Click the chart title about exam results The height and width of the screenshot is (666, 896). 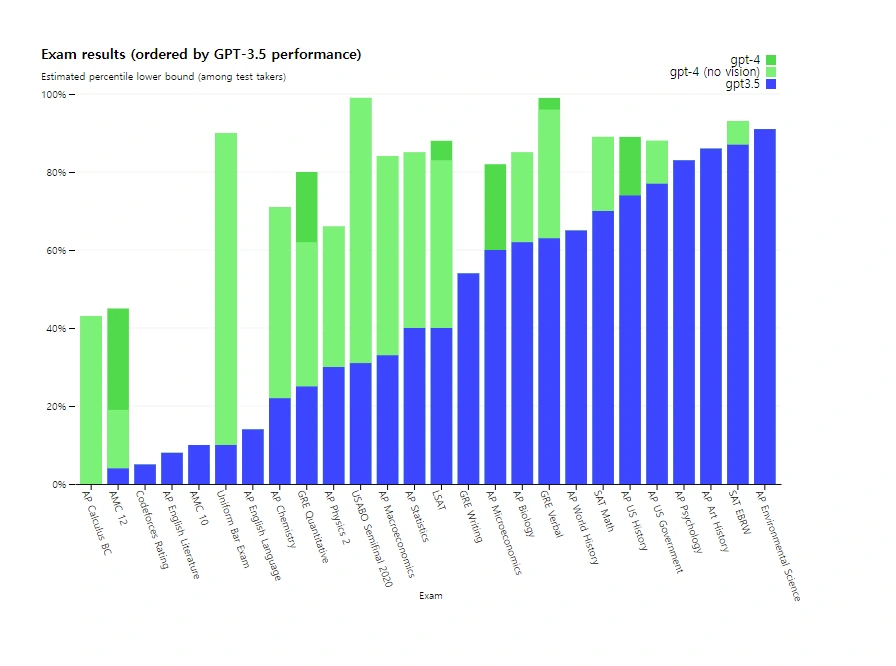pyautogui.click(x=201, y=54)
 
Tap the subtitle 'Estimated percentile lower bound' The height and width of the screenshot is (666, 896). pyautogui.click(x=163, y=77)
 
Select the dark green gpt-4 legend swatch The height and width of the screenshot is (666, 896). pyautogui.click(x=770, y=60)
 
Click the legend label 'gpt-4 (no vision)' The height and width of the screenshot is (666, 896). pyautogui.click(x=714, y=72)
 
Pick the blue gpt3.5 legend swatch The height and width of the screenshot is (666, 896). pyautogui.click(x=770, y=84)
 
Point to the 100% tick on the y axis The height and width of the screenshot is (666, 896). pyautogui.click(x=53, y=94)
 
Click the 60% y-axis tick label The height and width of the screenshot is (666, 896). pyautogui.click(x=55, y=250)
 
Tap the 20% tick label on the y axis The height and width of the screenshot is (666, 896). pyautogui.click(x=55, y=407)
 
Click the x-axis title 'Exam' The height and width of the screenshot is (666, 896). pyautogui.click(x=430, y=596)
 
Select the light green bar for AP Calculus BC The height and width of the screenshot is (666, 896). pyautogui.click(x=91, y=400)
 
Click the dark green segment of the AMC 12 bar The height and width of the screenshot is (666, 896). pyautogui.click(x=118, y=359)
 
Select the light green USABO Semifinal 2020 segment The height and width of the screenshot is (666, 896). pyautogui.click(x=361, y=230)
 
